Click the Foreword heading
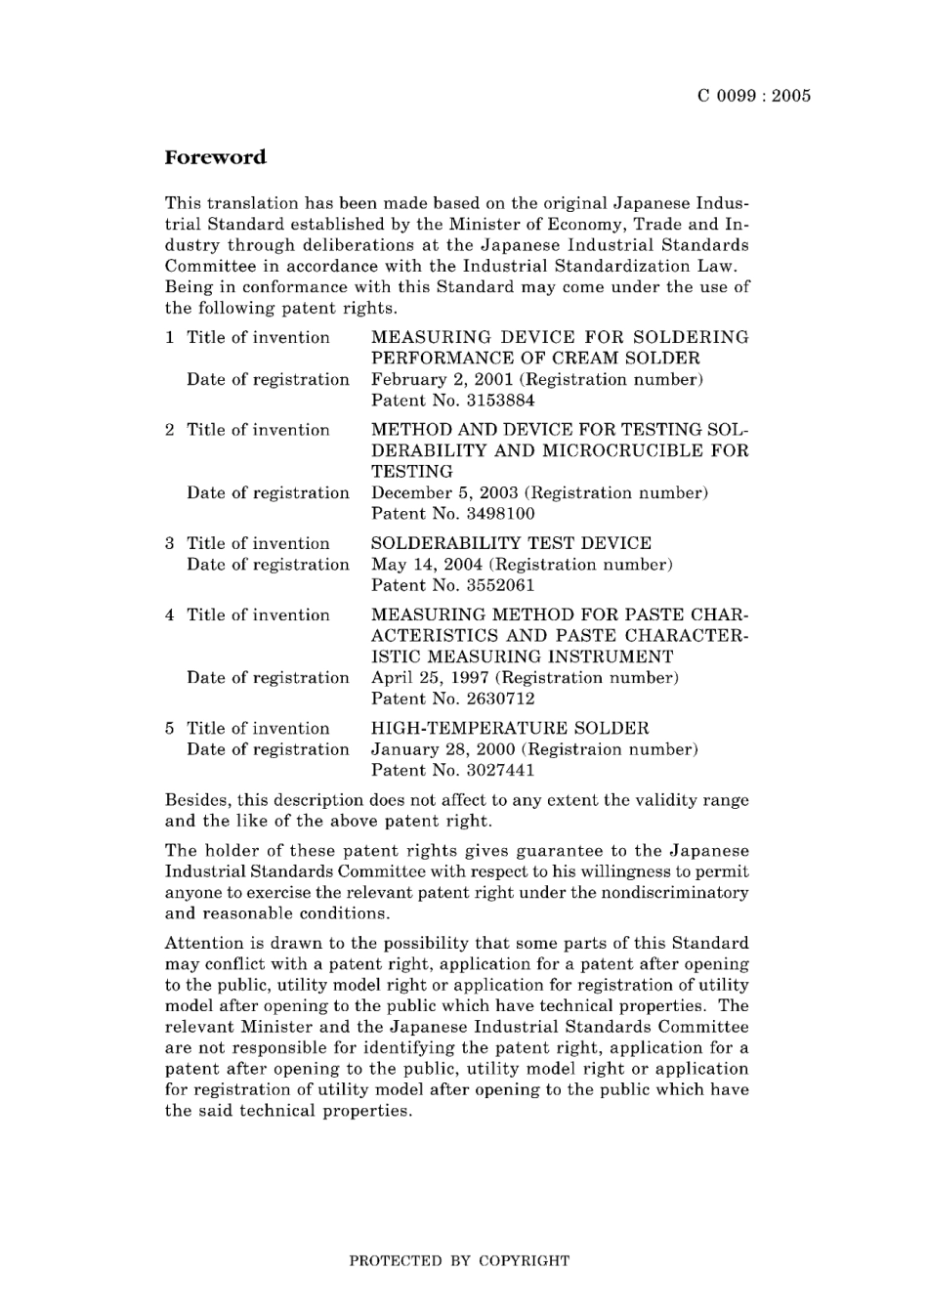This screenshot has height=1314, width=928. tap(215, 157)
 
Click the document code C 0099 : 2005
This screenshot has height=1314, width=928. tap(754, 96)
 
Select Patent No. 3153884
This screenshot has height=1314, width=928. tap(453, 401)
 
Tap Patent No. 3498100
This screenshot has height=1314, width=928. tap(453, 514)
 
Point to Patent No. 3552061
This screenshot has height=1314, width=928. tap(453, 585)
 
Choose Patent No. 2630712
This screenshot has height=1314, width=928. tap(453, 699)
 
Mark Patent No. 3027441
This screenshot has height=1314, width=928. tap(453, 770)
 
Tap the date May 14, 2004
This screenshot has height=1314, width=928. tap(427, 564)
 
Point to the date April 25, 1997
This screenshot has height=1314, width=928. tap(431, 677)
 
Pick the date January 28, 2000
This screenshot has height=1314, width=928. tap(443, 749)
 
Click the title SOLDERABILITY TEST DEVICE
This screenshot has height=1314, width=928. tap(511, 543)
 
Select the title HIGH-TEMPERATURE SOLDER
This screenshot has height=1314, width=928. tap(510, 728)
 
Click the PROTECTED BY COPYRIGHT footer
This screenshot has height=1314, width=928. tap(459, 1260)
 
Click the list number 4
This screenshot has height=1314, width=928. tap(170, 615)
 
